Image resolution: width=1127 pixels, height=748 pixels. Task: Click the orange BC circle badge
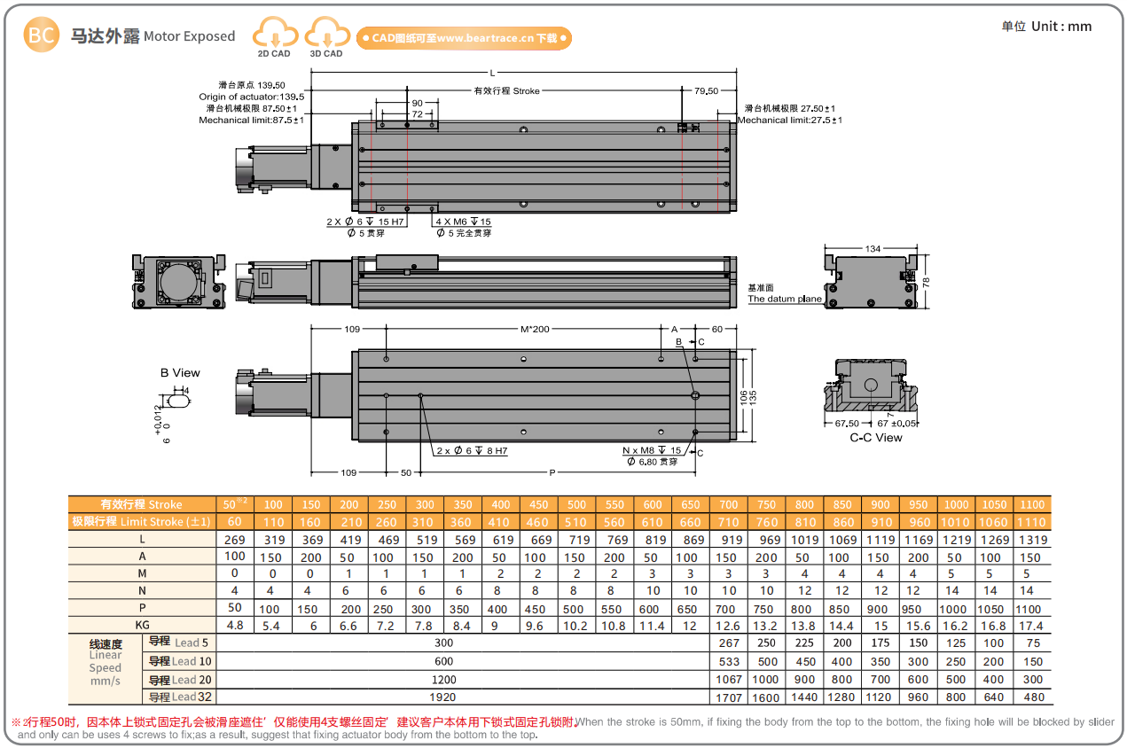pos(41,35)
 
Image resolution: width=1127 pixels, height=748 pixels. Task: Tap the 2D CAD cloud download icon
pos(274,35)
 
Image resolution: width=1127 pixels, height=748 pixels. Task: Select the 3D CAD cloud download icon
pos(326,35)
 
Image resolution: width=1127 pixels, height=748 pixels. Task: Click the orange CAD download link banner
pos(464,38)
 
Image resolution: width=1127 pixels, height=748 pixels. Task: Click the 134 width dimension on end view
pos(873,249)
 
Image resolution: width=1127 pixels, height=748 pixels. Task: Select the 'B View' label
pos(180,373)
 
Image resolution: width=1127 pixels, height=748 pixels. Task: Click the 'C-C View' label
pos(875,438)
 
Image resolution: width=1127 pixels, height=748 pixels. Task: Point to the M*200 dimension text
pos(535,330)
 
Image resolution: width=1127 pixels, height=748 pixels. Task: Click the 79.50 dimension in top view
pos(706,91)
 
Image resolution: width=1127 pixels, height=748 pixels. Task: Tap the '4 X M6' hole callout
pos(463,222)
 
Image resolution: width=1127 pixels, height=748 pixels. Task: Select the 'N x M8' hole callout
pos(652,451)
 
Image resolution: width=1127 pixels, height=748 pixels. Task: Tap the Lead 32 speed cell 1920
pos(443,697)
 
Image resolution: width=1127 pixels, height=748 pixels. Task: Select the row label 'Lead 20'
pos(180,681)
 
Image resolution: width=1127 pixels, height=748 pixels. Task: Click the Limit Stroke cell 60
pos(234,522)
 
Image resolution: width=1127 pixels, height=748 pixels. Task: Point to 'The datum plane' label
pos(784,299)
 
